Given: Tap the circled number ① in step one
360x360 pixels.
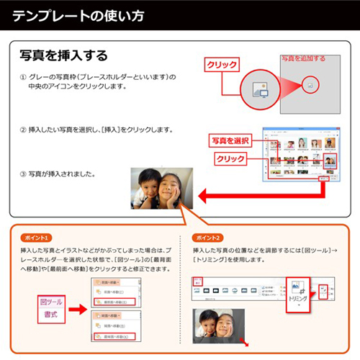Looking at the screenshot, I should [x=23, y=77].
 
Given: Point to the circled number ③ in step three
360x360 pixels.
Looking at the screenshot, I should [x=23, y=174].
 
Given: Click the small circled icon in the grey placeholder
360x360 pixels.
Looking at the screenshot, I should [x=310, y=85].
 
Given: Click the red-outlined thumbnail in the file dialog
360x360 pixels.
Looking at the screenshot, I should [x=330, y=161].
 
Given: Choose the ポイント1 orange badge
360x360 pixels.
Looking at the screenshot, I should [x=37, y=238].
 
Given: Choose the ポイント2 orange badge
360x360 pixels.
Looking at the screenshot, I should [x=208, y=238].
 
